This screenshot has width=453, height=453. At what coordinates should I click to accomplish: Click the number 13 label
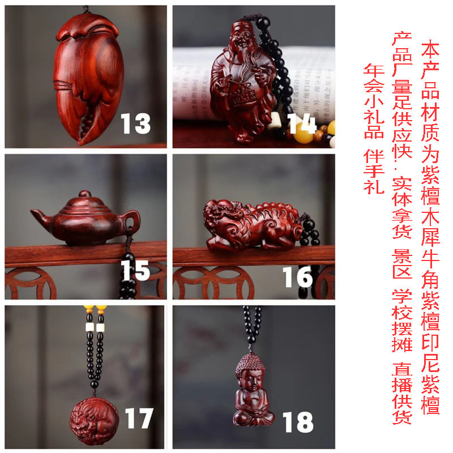coord(135,123)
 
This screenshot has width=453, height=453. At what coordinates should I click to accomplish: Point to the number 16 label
coord(298,276)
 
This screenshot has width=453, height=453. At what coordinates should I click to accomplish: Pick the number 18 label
coord(297,422)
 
